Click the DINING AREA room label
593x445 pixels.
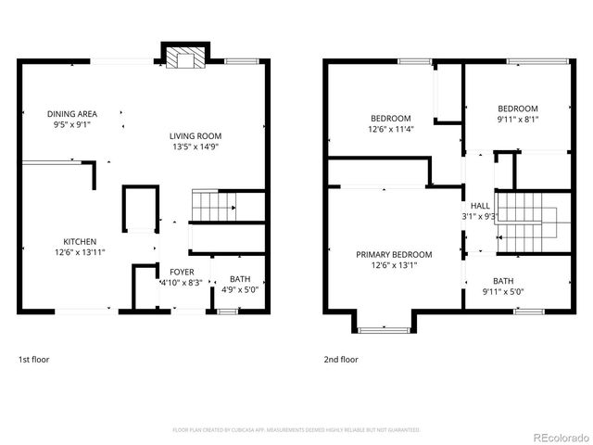(72, 114)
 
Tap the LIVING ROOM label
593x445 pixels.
(196, 135)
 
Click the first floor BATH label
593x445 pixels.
(240, 278)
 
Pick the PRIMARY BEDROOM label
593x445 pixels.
(394, 254)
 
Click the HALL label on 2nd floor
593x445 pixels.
(480, 206)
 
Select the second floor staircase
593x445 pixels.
(525, 222)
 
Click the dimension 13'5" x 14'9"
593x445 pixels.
(196, 146)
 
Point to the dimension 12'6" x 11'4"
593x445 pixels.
(390, 130)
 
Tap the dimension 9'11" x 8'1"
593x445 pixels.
(517, 119)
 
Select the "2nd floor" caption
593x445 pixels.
(340, 359)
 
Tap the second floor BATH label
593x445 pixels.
(503, 281)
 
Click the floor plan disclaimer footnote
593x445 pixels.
(296, 429)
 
